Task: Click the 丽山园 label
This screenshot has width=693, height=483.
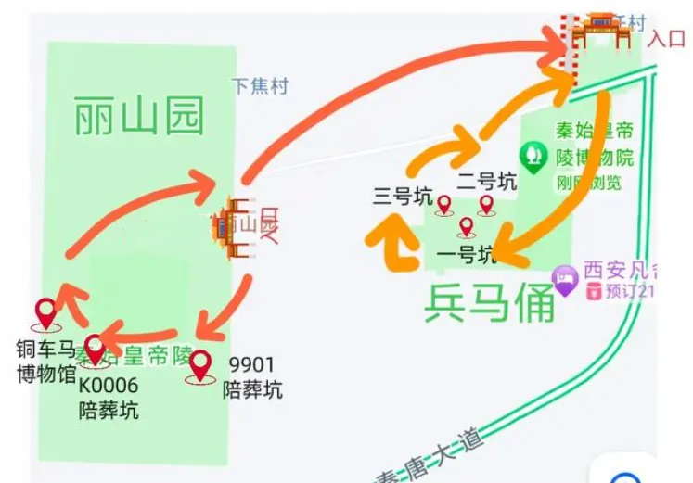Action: tap(138, 118)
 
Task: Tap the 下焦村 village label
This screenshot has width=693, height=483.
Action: tap(260, 86)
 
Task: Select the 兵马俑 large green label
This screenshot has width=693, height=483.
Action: tap(489, 303)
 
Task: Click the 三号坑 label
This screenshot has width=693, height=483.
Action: tap(403, 197)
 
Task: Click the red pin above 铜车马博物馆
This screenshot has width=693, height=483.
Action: tap(45, 313)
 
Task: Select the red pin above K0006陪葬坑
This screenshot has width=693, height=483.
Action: tap(95, 349)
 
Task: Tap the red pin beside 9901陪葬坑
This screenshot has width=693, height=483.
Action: tap(199, 366)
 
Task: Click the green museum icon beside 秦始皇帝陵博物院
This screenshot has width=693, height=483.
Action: tap(533, 157)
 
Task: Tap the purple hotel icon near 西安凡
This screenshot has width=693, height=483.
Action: tap(563, 275)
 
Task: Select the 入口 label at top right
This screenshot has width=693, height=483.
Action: tap(666, 38)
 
